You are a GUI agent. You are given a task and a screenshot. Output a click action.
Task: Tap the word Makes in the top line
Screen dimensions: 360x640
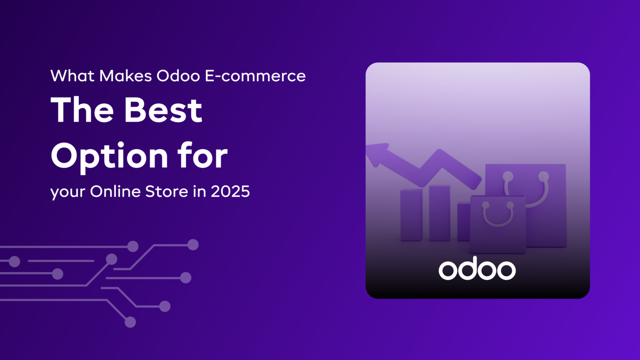(x=125, y=76)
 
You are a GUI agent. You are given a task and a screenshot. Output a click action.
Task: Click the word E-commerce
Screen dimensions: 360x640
(x=255, y=76)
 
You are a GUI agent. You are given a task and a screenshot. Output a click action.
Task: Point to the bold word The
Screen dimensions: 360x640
(x=82, y=110)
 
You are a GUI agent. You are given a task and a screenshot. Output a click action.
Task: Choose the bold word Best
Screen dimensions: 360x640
(x=163, y=110)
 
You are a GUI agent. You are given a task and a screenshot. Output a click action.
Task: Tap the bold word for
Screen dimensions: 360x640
(x=202, y=156)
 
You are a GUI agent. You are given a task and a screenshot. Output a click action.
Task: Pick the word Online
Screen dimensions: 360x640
(x=115, y=192)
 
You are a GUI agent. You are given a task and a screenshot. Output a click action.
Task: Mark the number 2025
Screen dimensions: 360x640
(x=230, y=192)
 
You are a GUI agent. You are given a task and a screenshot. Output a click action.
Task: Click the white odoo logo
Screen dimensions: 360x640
(x=477, y=270)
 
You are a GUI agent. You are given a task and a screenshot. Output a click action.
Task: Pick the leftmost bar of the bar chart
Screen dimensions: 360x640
(x=411, y=215)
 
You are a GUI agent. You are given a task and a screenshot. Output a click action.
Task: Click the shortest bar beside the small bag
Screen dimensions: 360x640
(x=463, y=221)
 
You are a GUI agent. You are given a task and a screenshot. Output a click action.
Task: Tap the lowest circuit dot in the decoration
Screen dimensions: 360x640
(x=130, y=322)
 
